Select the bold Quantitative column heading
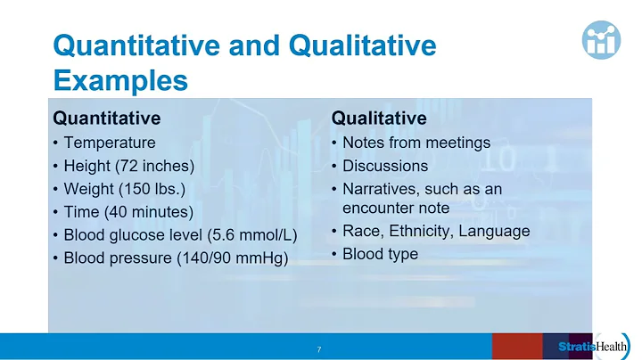(107, 119)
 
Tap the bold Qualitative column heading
(379, 119)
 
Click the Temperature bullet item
(110, 143)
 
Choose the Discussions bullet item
(385, 166)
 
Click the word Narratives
(377, 189)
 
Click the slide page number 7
(319, 348)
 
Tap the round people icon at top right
(607, 37)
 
